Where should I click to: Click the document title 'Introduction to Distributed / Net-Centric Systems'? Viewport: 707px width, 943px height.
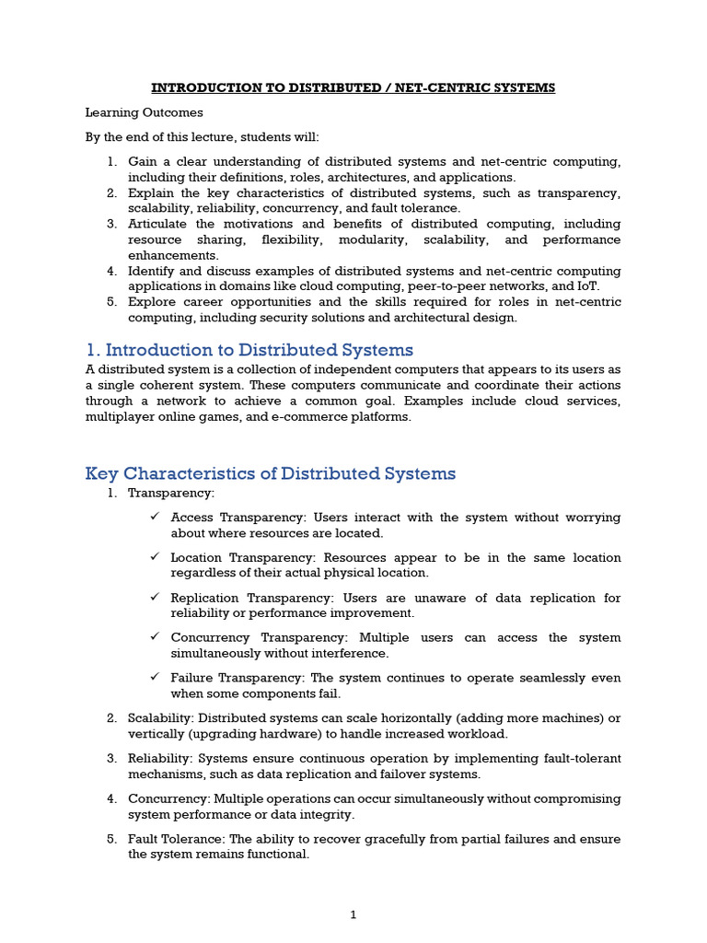353,87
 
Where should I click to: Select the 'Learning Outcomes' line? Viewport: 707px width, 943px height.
145,112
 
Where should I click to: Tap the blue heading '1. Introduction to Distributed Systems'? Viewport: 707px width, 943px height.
249,350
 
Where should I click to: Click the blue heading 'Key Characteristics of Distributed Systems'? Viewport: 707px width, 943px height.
271,473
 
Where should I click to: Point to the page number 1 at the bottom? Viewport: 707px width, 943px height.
353,914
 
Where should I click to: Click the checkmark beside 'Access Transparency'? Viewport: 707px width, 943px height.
156,518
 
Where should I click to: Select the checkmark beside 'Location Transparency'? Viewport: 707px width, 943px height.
156,557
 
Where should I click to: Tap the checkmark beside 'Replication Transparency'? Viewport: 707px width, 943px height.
156,598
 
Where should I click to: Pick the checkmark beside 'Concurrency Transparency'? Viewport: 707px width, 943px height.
156,637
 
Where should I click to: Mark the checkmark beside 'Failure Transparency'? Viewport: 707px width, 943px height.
156,678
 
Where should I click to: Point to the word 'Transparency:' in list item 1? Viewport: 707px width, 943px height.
171,494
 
